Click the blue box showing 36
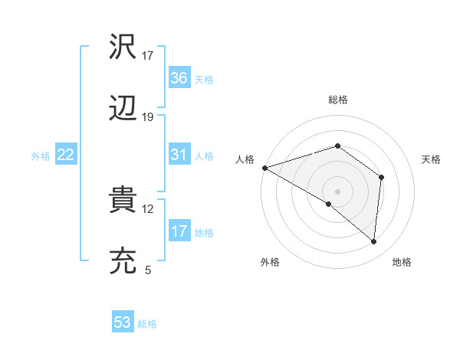pos(179,78)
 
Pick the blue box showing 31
pos(179,155)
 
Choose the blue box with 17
pos(179,231)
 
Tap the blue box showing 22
pos(65,155)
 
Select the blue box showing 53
pos(122,322)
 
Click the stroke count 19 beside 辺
pos(148,117)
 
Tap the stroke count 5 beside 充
pos(148,270)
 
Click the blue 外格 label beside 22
pos(41,155)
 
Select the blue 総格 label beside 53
pos(147,324)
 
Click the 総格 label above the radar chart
pos(337,100)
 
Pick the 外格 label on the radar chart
pos(270,262)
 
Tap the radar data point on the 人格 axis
pos(264,167)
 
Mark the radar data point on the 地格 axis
pos(374,241)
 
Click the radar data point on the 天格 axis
pos(381,177)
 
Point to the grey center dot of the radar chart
pos(337,191)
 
